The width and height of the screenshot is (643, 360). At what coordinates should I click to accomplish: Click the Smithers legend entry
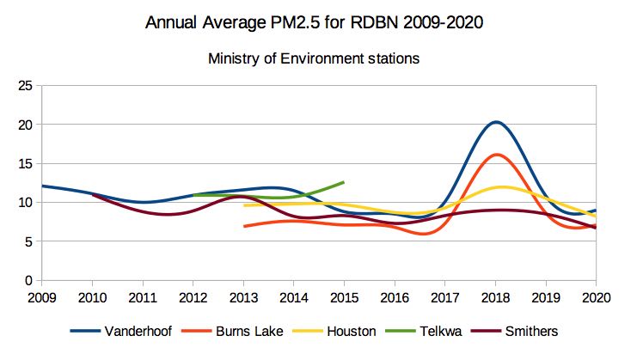pyautogui.click(x=545, y=332)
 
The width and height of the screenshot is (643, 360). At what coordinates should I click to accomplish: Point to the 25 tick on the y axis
pyautogui.click(x=25, y=86)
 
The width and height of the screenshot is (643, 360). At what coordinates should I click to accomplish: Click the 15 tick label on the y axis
pyautogui.click(x=25, y=164)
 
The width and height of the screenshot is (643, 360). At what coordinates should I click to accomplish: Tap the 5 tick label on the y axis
pyautogui.click(x=28, y=242)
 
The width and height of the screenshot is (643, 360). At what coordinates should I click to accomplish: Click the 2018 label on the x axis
pyautogui.click(x=495, y=297)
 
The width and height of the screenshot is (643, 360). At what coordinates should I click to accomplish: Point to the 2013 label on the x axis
pyautogui.click(x=243, y=297)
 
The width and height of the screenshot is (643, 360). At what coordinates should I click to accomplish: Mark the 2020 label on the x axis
pyautogui.click(x=596, y=297)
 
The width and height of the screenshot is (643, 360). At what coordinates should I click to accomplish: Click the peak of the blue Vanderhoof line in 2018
pyautogui.click(x=496, y=122)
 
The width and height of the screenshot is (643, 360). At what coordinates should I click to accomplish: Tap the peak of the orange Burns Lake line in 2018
pyautogui.click(x=496, y=155)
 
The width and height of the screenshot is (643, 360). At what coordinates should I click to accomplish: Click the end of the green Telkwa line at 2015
pyautogui.click(x=344, y=182)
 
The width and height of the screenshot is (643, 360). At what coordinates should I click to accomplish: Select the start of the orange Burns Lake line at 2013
pyautogui.click(x=244, y=227)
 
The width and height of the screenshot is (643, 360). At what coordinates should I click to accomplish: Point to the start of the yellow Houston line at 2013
pyautogui.click(x=244, y=205)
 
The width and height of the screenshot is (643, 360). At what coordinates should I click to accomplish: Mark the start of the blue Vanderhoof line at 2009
pyautogui.click(x=42, y=186)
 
